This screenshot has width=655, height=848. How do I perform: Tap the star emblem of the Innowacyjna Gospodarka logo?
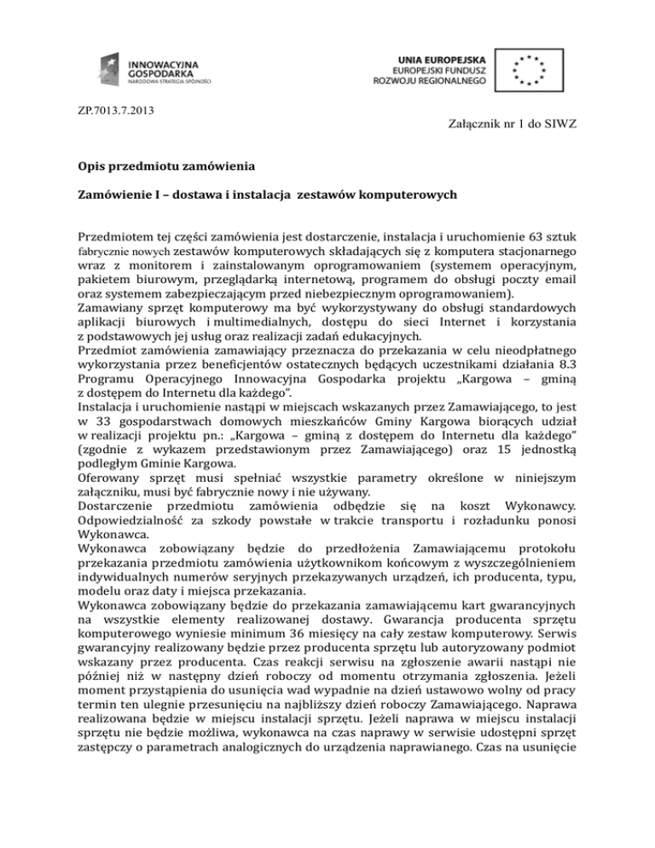pos(109,67)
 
